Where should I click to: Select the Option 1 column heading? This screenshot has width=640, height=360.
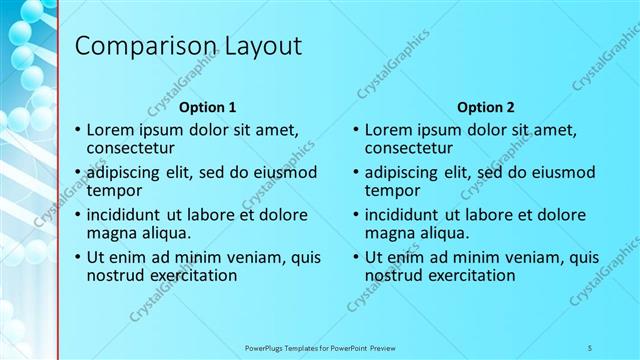207,107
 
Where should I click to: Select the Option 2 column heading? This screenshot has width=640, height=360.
485,107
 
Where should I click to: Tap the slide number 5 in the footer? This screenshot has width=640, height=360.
590,347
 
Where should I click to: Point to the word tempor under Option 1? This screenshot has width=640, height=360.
114,190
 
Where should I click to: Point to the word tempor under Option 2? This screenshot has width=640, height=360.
392,190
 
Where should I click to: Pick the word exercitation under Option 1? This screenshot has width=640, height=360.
191,275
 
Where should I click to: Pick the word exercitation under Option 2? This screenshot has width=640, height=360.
469,275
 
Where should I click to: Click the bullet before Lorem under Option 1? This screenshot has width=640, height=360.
78,130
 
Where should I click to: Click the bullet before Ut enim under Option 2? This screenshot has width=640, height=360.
356,257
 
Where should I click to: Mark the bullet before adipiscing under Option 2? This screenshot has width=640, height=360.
356,172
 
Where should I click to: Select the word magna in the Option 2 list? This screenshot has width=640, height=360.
388,233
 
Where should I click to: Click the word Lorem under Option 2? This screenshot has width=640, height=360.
389,130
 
